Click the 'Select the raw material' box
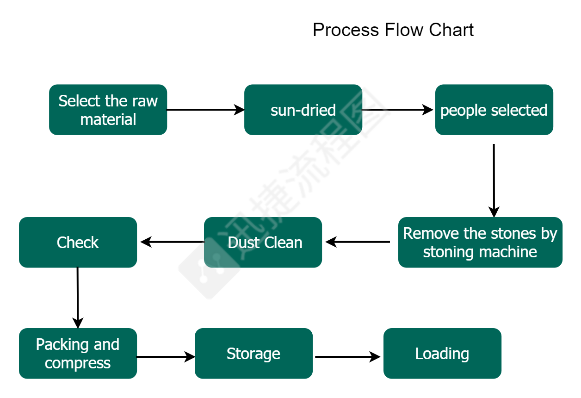point(108,110)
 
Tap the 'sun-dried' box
point(303,110)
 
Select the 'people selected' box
point(494,110)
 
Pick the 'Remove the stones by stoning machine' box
point(480,242)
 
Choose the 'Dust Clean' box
point(263,242)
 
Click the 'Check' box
point(78,242)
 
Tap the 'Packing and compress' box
point(78,353)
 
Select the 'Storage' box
point(253,353)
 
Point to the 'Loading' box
point(442,353)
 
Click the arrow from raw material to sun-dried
point(205,110)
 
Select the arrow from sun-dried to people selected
point(398,110)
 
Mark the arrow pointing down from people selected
point(494,180)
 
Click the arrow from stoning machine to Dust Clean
point(358,242)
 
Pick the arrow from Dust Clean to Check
point(172,242)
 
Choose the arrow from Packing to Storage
point(166,357)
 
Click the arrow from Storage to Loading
point(347,357)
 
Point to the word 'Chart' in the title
point(451,30)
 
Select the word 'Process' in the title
point(346,30)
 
